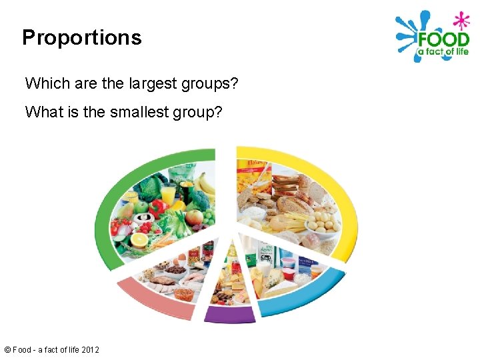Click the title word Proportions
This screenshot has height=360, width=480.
point(81,37)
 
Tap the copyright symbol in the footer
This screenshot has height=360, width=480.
point(7,349)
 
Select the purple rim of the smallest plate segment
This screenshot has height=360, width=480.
point(229,314)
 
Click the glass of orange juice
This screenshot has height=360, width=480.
point(168,193)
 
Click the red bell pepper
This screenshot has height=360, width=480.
point(157,207)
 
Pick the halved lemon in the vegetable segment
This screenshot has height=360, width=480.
point(140,239)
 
